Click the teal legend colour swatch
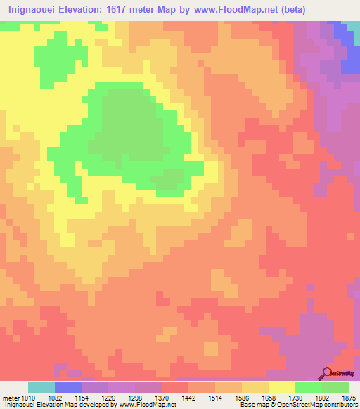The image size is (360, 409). coord(41,387)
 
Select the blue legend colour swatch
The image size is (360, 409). coord(68,387)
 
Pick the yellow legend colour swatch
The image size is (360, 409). coord(282,387)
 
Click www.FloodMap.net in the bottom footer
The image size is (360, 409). coord(148,404)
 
